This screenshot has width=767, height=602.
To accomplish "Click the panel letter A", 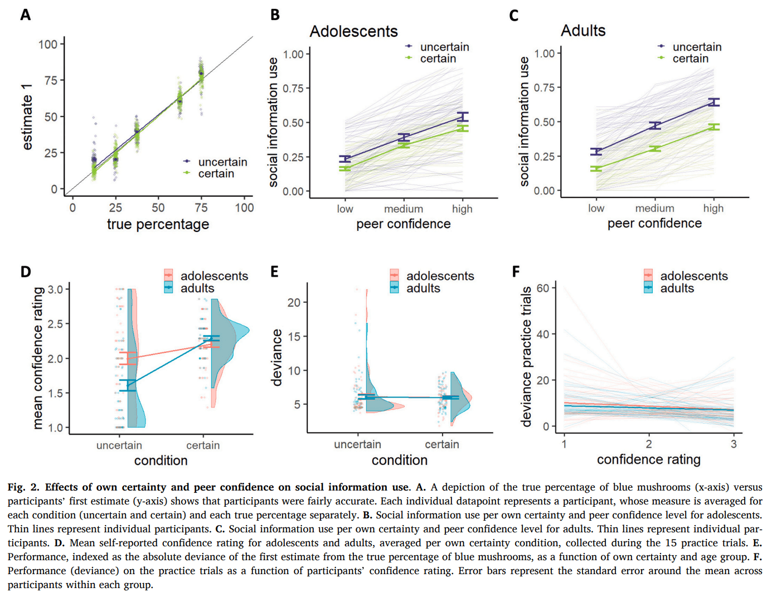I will click(x=25, y=14).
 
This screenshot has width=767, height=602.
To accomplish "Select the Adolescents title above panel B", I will click(x=353, y=31).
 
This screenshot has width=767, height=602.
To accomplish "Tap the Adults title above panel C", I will click(x=582, y=31).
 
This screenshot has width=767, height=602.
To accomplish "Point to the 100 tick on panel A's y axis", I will click(x=48, y=44).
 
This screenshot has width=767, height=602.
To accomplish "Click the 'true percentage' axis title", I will click(x=158, y=224).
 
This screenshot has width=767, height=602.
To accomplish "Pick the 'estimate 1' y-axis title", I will click(x=27, y=117).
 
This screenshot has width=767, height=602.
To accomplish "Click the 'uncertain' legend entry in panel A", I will click(x=222, y=162).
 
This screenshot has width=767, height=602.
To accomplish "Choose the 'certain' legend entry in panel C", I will click(x=690, y=59).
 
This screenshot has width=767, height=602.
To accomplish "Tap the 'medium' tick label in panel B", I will click(x=403, y=208).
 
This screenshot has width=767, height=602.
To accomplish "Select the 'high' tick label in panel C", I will click(x=713, y=208).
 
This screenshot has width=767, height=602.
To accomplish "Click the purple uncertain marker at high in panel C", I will click(x=713, y=102).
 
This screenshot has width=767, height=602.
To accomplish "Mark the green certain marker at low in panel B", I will click(x=345, y=168).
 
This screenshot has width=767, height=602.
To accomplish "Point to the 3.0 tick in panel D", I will click(x=55, y=289).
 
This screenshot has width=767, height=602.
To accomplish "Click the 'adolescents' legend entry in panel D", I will click(x=214, y=276).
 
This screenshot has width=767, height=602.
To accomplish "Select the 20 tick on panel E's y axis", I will click(x=294, y=302).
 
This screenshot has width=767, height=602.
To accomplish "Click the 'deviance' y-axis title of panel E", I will click(x=276, y=357).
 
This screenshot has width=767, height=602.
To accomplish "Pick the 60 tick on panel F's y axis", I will click(x=542, y=288).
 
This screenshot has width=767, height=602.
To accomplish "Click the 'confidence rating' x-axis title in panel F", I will click(x=648, y=459).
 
